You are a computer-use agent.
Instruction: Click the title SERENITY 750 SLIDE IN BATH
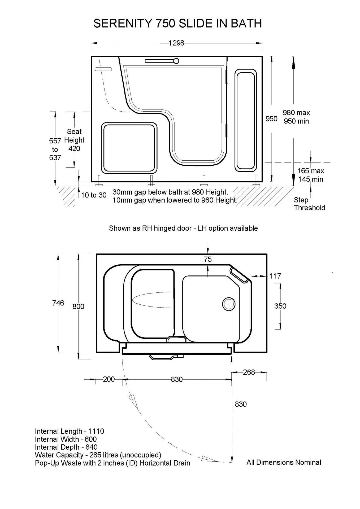pyautogui.click(x=178, y=24)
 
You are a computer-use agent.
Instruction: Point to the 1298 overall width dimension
pyautogui.click(x=176, y=43)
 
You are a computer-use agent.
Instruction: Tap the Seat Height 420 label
pyautogui.click(x=74, y=140)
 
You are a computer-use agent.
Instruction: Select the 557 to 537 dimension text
pyautogui.click(x=55, y=149)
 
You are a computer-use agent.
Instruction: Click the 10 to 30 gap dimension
pyautogui.click(x=94, y=195)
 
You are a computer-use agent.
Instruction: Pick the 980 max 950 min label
pyautogui.click(x=296, y=117)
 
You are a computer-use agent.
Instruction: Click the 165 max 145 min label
pyautogui.click(x=311, y=175)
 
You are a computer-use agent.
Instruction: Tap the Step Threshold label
pyautogui.click(x=309, y=204)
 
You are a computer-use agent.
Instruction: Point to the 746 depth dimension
pyautogui.click(x=58, y=303)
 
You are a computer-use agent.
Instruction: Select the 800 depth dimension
pyautogui.click(x=78, y=306)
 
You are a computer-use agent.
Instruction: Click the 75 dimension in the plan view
pyautogui.click(x=208, y=259)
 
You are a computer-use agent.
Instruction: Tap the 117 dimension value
pyautogui.click(x=275, y=276)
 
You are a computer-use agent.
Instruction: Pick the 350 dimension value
pyautogui.click(x=280, y=306)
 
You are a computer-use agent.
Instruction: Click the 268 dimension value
pyautogui.click(x=249, y=372)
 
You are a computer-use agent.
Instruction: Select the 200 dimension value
pyautogui.click(x=109, y=379)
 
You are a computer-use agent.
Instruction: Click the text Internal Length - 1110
pyautogui.click(x=70, y=431)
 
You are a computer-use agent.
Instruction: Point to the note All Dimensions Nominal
pyautogui.click(x=284, y=462)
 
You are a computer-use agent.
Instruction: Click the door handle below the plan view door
pyautogui.click(x=166, y=357)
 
